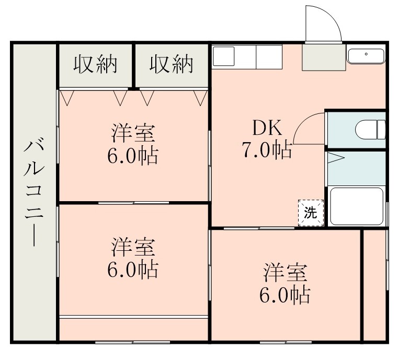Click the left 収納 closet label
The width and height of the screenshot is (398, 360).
coord(95,64)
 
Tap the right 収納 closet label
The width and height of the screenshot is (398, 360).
coord(172,64)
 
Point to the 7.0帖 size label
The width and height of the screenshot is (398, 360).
coord(267,151)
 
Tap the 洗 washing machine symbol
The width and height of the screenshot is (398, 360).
coord(311,213)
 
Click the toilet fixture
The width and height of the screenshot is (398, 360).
coord(370,129)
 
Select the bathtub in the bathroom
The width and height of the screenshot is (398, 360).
coord(356,207)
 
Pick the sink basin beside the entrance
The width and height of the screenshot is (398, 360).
coord(366,55)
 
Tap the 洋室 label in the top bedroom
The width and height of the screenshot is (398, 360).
coord(133,133)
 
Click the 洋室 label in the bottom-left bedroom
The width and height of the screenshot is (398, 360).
coord(133,246)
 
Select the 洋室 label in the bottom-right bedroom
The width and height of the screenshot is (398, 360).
coord(285,273)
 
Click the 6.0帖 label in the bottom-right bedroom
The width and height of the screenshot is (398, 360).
coord(285,296)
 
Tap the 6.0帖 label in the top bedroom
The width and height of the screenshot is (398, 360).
coord(133,156)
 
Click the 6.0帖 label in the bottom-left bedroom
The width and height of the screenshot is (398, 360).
coord(133,269)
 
